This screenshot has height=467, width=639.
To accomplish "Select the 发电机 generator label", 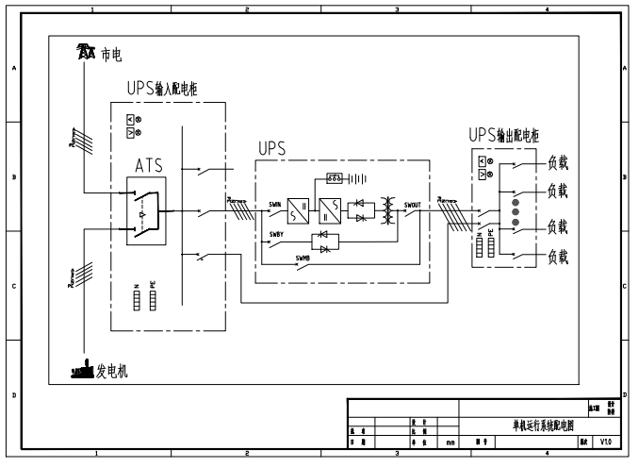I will [111, 372].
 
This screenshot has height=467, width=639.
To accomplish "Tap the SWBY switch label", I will [276, 234].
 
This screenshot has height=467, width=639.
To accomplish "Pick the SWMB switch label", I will [302, 257].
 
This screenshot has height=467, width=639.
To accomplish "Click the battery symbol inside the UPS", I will [346, 178].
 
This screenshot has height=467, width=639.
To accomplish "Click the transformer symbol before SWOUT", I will [385, 208].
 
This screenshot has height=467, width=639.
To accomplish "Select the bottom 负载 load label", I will [557, 255].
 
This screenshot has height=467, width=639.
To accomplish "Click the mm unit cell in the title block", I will [451, 442].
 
